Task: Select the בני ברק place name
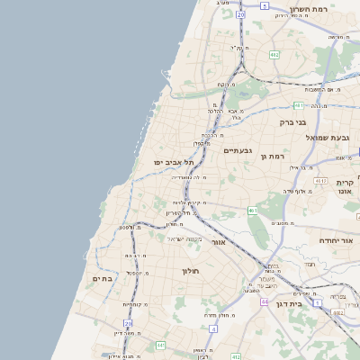[292, 121]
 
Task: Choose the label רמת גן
[271, 157]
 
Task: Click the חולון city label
[190, 270]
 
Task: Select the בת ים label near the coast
[102, 279]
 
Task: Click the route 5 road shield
[265, 5]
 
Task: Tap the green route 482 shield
[274, 54]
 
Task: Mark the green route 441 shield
[160, 345]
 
